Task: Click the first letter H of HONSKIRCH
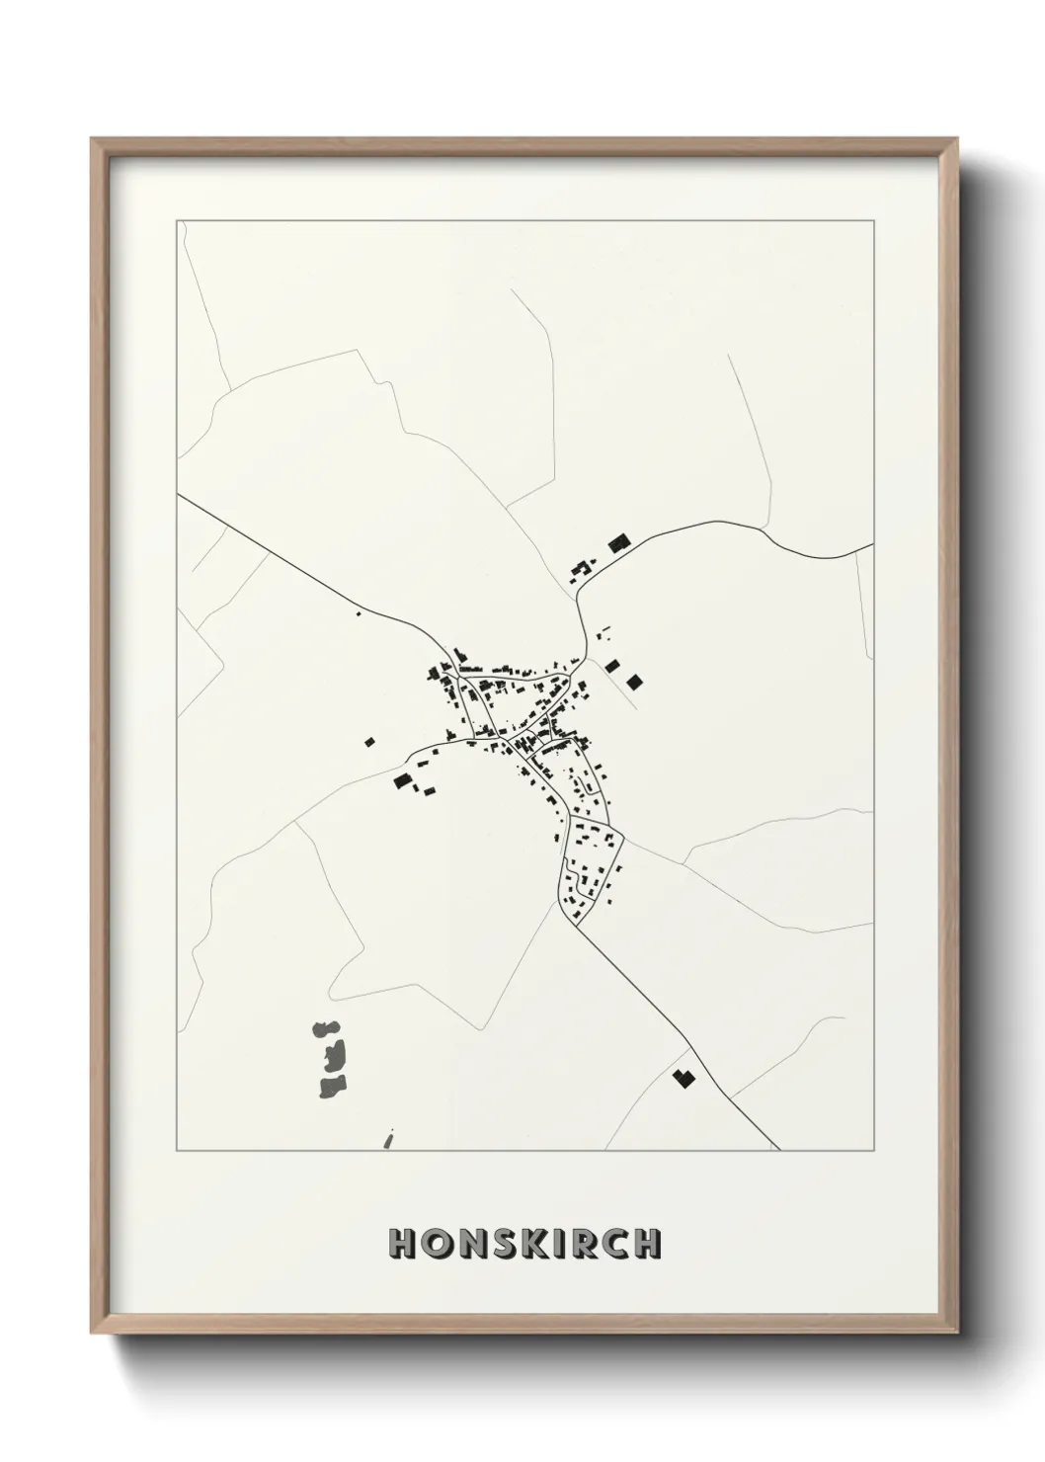pos(403,1244)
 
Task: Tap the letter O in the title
pos(437,1244)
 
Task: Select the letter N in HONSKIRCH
pos(471,1244)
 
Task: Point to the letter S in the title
pos(503,1244)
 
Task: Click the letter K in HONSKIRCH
pos(533,1244)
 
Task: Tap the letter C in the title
pos(613,1244)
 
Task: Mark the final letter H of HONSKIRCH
pos(646,1244)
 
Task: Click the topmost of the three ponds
pos(324,1029)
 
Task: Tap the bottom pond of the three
pos(332,1088)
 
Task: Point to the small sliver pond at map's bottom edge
pos(388,1141)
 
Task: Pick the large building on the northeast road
pos(618,542)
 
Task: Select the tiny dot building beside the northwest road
pos(359,614)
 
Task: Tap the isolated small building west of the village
pos(370,740)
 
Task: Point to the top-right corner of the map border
pos(873,220)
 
